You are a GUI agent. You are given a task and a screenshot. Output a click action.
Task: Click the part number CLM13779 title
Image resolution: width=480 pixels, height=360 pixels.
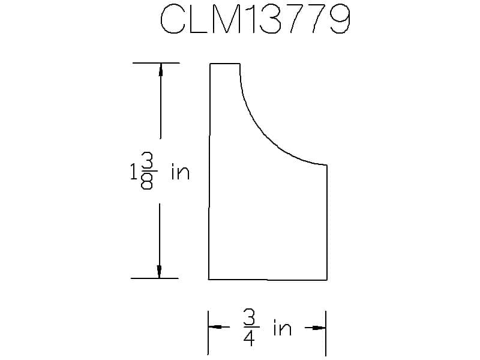255,19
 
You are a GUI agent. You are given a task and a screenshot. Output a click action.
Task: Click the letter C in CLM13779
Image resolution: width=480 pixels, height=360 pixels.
173,19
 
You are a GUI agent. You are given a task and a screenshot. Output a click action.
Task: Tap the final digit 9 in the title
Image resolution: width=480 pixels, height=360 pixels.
340,19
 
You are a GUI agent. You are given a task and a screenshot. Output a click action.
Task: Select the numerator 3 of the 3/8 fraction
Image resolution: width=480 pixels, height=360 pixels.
147,161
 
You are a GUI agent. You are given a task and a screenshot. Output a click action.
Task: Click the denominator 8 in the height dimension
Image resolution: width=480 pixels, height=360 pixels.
146,181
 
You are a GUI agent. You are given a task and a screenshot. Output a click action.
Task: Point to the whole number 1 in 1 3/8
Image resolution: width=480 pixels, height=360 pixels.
133,172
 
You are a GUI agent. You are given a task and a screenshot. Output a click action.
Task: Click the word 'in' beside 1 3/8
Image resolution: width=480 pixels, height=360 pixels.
181,172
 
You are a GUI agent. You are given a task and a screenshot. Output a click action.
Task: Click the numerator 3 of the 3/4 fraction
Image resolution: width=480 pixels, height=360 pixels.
249,317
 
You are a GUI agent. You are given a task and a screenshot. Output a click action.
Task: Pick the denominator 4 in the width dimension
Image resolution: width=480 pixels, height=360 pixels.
249,338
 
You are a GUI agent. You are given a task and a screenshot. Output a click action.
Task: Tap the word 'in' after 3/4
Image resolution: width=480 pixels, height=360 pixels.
282,328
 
